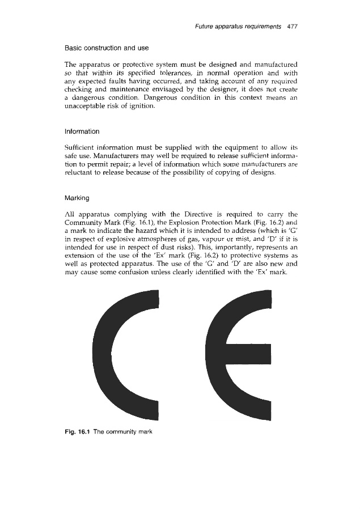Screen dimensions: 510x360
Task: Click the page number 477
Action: click(x=293, y=26)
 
